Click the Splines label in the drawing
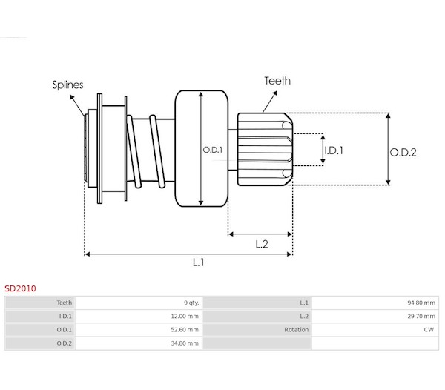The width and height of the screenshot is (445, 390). tap(67, 85)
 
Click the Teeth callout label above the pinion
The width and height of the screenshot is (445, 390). tap(277, 81)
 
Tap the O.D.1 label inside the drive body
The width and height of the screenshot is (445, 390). tap(213, 150)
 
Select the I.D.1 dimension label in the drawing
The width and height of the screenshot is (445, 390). tap(334, 151)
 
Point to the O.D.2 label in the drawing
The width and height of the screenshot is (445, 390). tap(403, 153)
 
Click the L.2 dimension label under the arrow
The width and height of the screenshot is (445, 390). tap(262, 244)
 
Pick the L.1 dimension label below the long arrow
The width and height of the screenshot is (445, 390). tap(198, 262)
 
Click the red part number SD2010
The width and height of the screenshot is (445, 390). tap(20, 288)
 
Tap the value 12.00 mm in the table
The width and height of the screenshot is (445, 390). tap(185, 317)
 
